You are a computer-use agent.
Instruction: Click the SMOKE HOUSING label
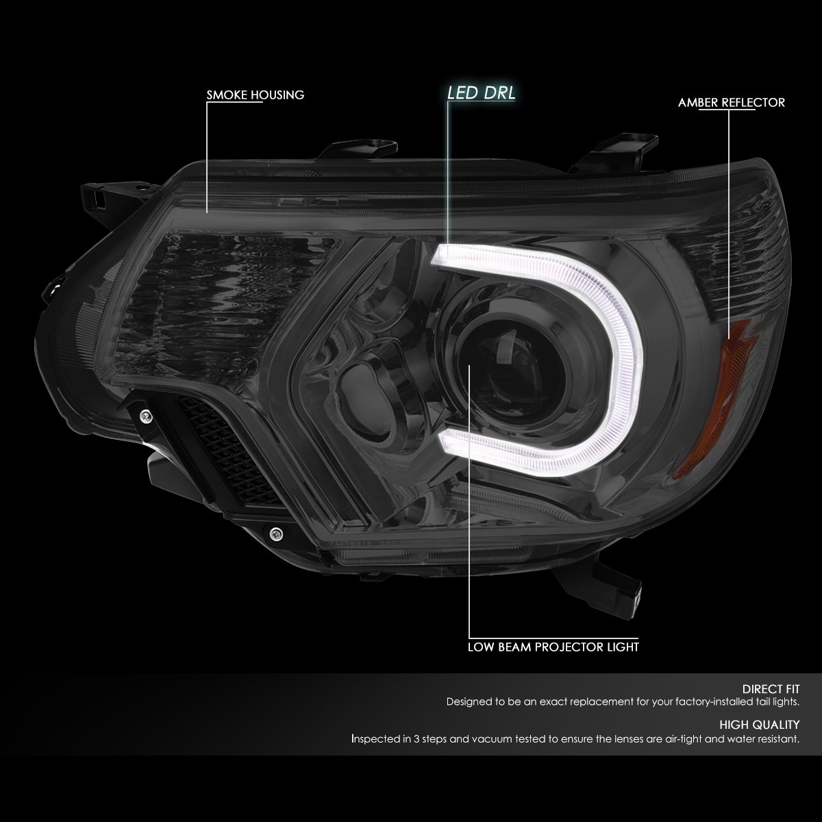click(256, 95)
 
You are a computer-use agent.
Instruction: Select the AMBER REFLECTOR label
click(732, 103)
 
